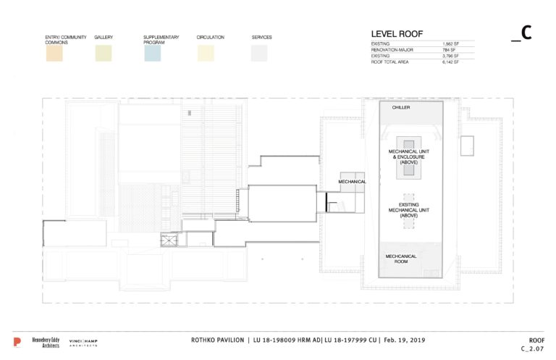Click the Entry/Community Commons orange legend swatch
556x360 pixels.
(x=54, y=53)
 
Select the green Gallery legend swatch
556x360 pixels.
(x=104, y=53)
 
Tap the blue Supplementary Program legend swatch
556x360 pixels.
(x=152, y=53)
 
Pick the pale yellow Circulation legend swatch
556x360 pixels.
(x=206, y=53)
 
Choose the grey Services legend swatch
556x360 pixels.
(x=259, y=53)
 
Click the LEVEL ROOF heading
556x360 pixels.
(x=397, y=33)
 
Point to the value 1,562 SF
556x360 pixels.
(x=452, y=44)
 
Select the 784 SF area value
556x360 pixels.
(x=449, y=50)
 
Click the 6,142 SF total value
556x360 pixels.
(x=452, y=62)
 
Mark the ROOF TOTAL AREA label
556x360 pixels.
(x=392, y=62)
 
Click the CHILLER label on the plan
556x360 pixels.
(x=401, y=107)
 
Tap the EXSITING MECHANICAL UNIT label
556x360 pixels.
(x=408, y=209)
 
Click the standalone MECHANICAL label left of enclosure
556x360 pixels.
(x=351, y=182)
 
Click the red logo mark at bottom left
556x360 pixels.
(x=17, y=342)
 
